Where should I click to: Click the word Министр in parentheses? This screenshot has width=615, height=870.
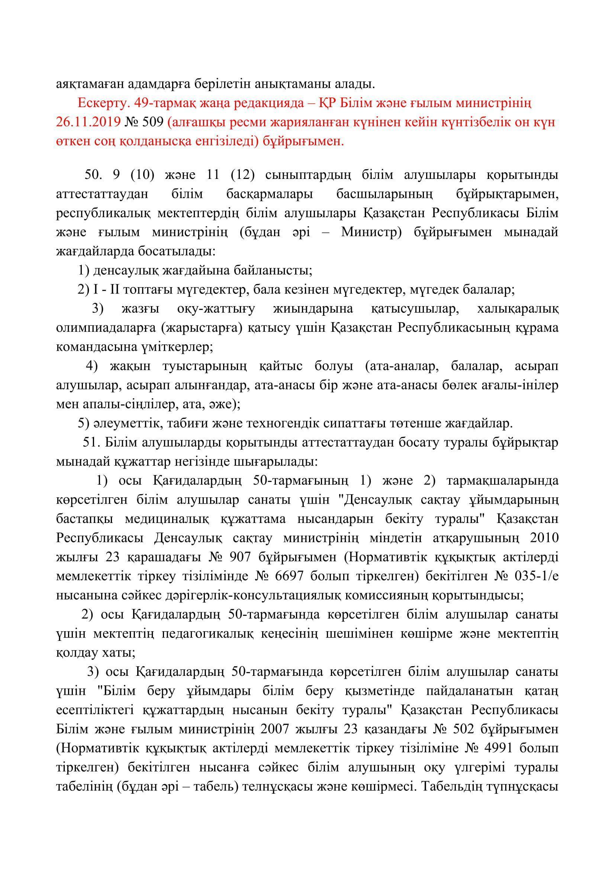click(371, 232)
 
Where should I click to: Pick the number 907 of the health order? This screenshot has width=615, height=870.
click(241, 558)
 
